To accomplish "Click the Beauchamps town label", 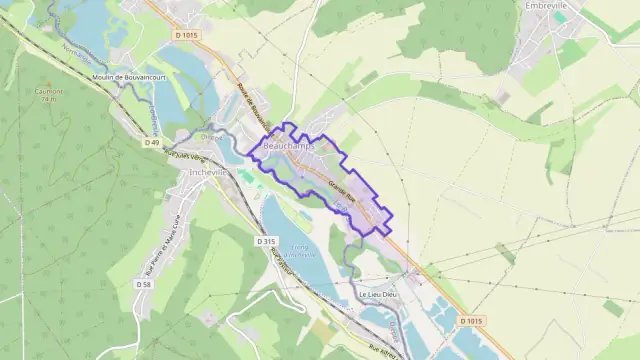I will [288, 146].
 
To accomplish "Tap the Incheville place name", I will [209, 172].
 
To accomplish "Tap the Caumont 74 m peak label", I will [49, 94].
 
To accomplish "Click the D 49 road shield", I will [151, 143].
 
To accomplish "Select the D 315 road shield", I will [265, 241].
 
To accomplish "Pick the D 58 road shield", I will [143, 284].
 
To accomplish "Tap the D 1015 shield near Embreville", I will [186, 35].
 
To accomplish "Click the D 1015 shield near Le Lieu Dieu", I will [471, 321].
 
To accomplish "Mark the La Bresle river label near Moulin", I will [152, 121].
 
